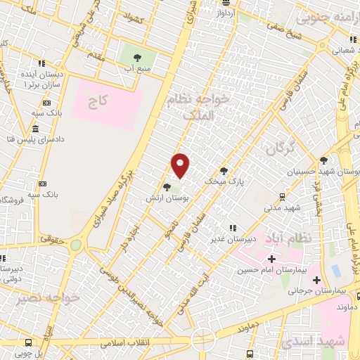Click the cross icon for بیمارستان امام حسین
pos(271,259)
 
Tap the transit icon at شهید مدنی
pos(282,197)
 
